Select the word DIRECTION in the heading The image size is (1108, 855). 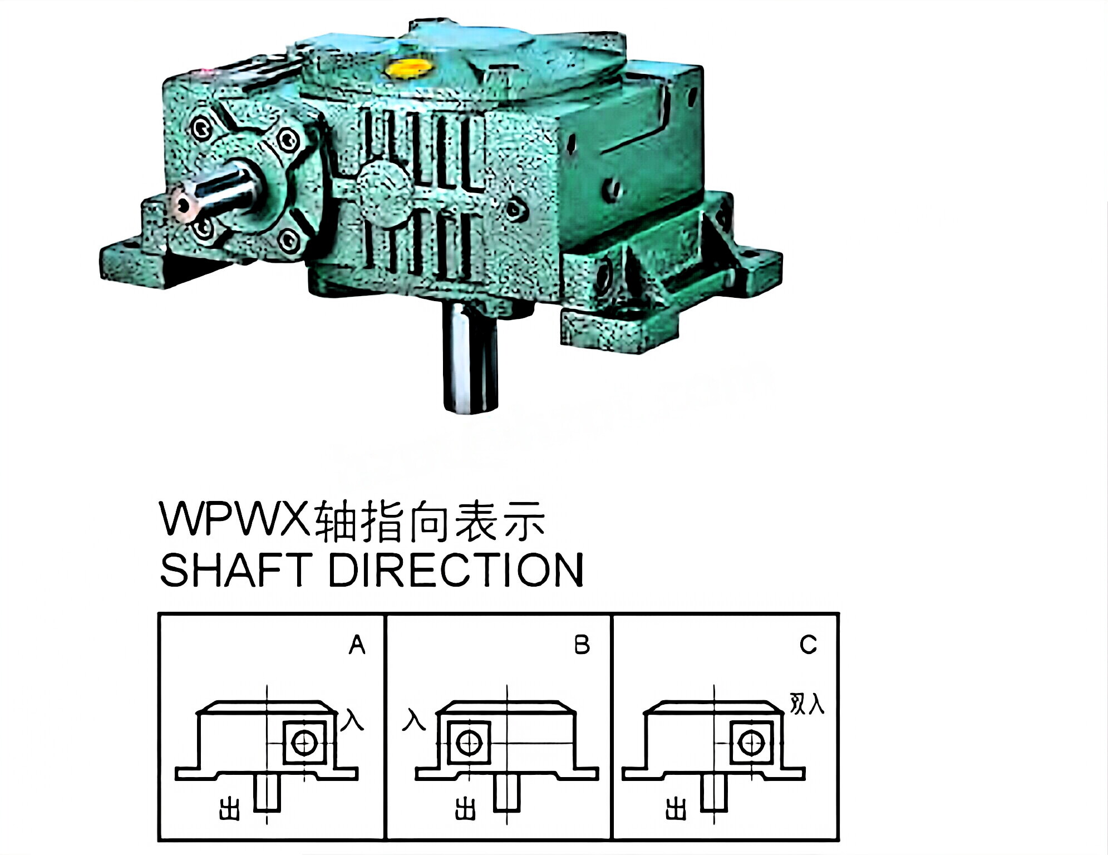[456, 570]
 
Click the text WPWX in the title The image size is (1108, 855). [234, 519]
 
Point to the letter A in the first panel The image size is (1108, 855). [357, 645]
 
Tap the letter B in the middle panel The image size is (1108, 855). [582, 645]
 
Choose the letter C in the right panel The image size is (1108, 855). [808, 645]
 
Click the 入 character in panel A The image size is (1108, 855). [352, 720]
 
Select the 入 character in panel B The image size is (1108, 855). [414, 720]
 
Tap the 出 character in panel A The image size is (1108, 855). [229, 809]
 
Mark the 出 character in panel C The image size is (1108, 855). [676, 808]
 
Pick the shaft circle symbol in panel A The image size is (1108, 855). [304, 743]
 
